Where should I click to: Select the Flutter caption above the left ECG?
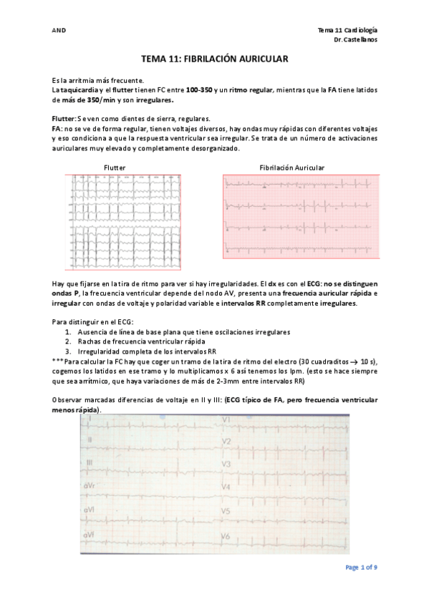115,167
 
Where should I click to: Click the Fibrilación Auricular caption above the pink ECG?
291,167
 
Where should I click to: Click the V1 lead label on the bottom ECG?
225,419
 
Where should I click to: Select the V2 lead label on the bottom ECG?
226,442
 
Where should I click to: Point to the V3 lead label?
226,465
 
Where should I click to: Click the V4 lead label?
226,487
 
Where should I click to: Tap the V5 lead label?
226,511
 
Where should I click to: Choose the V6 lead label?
226,536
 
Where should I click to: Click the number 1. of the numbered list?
68,332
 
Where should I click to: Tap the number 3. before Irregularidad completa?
68,351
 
